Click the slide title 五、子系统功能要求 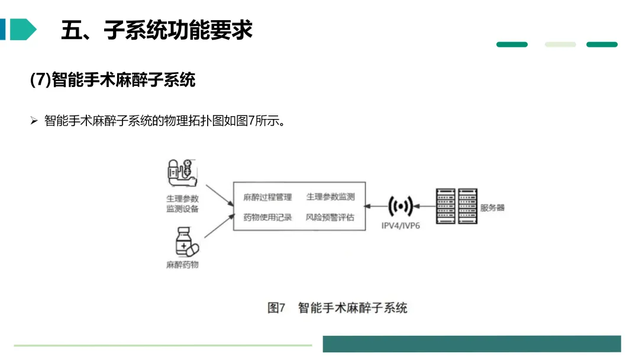[x=157, y=30]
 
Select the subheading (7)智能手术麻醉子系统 [x=112, y=80]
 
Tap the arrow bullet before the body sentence [x=34, y=121]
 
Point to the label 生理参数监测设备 [x=182, y=204]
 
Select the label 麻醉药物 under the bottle [x=182, y=265]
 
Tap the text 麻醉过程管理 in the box [x=267, y=197]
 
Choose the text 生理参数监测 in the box [x=330, y=197]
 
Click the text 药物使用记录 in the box [x=267, y=217]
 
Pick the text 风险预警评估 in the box [x=330, y=217]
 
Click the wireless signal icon [x=401, y=207]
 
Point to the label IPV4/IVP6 [x=401, y=226]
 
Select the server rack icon [x=456, y=205]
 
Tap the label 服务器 [x=492, y=208]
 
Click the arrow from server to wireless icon [x=424, y=207]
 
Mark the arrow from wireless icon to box [x=377, y=207]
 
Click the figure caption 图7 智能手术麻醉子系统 [x=337, y=308]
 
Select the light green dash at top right [x=560, y=44]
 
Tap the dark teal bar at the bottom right [x=472, y=344]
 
